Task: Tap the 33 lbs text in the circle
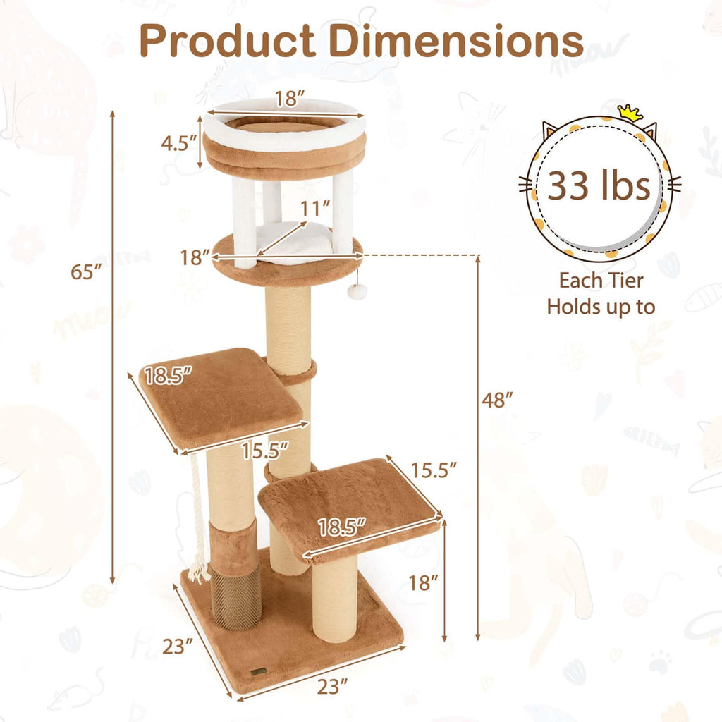tap(599, 187)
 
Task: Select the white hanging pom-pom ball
tap(357, 290)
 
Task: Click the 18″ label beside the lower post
tap(423, 582)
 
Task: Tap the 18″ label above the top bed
tap(286, 99)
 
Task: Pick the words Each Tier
tap(601, 281)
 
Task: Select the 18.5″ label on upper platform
tap(167, 376)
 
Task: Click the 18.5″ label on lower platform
tap(341, 526)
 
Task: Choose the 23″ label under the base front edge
tap(332, 685)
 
